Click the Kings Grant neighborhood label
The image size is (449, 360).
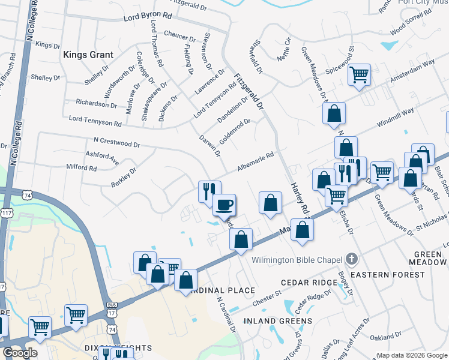point(88,55)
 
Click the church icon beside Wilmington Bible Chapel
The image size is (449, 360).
point(352,259)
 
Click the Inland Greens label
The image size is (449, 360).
point(278,321)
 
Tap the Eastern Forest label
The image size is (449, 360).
point(388,275)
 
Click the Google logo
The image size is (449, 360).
point(20,353)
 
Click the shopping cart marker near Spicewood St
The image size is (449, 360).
point(359,76)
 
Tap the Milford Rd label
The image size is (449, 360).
point(82,168)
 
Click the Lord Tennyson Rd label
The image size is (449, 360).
point(95,121)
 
